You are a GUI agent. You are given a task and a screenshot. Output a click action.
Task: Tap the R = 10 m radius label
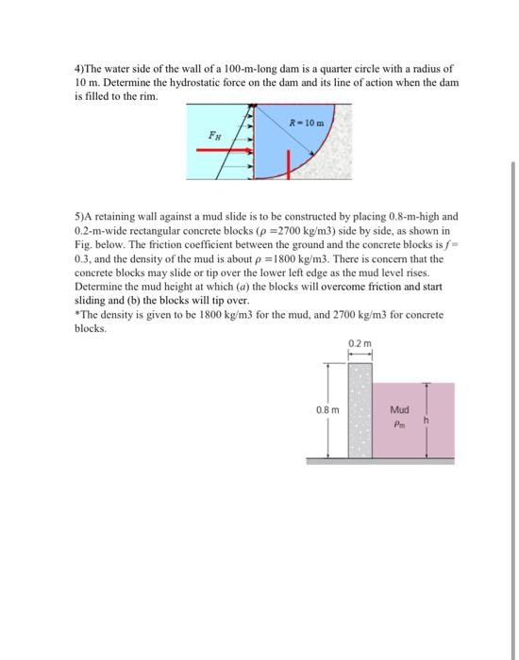310,124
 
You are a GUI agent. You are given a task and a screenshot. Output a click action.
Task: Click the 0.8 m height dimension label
327,410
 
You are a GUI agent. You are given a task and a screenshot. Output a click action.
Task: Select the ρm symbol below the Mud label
399,423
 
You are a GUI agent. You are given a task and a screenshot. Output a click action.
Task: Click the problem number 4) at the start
79,69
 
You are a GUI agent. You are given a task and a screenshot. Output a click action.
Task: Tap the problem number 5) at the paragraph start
79,216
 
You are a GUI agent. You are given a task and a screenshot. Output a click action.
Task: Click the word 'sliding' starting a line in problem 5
91,298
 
